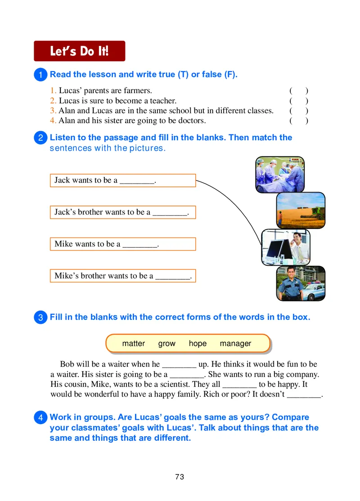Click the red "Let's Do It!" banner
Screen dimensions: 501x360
pyautogui.click(x=79, y=51)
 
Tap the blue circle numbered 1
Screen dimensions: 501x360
pyautogui.click(x=40, y=75)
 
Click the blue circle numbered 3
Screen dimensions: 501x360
pyautogui.click(x=40, y=318)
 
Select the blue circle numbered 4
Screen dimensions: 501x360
pyautogui.click(x=40, y=418)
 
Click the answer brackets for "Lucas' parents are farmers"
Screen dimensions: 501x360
pyautogui.click(x=299, y=90)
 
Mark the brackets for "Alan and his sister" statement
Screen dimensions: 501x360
pyautogui.click(x=299, y=121)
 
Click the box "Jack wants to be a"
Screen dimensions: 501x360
pyautogui.click(x=122, y=180)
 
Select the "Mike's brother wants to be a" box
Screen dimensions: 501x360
pyautogui.click(x=122, y=276)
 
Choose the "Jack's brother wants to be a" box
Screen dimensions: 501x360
pyautogui.click(x=122, y=212)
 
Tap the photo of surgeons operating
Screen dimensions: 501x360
pyautogui.click(x=279, y=174)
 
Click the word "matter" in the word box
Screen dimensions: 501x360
pyautogui.click(x=133, y=344)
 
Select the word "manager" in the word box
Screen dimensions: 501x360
pyautogui.click(x=235, y=344)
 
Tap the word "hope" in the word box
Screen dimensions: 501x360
pyautogui.click(x=198, y=344)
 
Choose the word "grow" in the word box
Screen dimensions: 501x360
pyautogui.click(x=166, y=344)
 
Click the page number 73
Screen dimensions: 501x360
pyautogui.click(x=180, y=477)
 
